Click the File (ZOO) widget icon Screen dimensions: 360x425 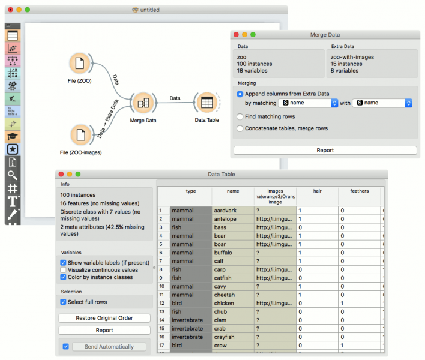79,64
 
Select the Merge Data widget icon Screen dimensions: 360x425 143,103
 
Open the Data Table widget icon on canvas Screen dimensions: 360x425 206,103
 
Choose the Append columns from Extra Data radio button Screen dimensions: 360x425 240,94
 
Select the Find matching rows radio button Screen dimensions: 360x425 240,116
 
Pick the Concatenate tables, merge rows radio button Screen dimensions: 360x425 240,128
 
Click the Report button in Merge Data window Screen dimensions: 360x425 325,151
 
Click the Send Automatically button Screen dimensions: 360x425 109,347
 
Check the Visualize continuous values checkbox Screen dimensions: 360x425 64,270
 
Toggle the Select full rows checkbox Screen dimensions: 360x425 64,302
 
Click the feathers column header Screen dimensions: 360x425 359,191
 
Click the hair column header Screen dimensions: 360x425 317,191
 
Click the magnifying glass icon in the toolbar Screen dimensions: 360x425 13,175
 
